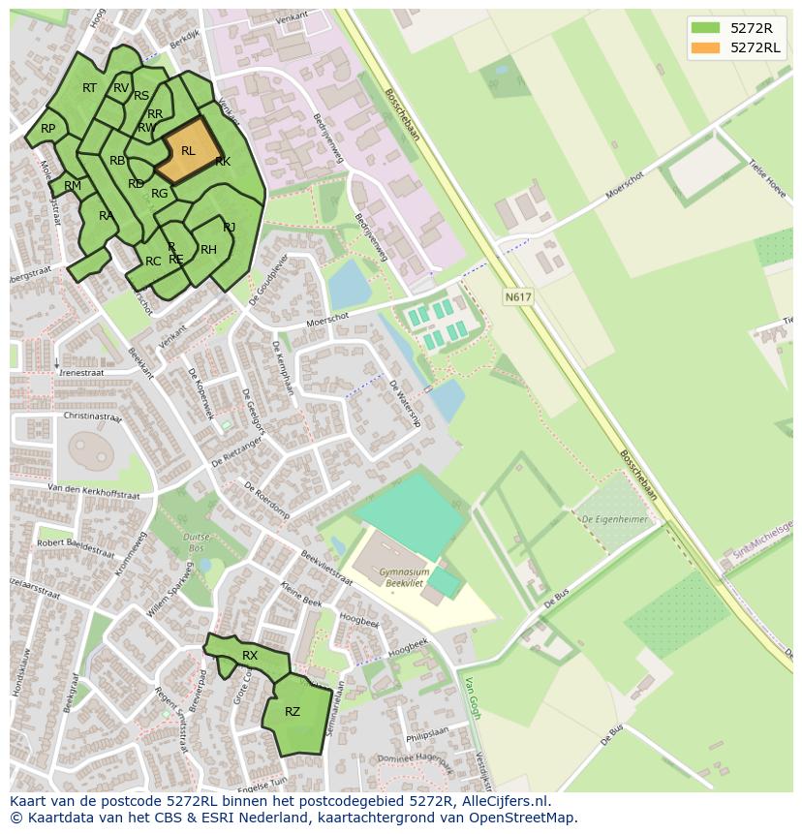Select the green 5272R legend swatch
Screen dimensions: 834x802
coord(706,28)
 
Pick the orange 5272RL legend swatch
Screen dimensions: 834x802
coord(706,47)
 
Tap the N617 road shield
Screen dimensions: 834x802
coord(517,298)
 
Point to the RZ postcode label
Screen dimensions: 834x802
coord(293,712)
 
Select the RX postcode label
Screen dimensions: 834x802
coord(250,656)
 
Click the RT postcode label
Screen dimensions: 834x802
coord(89,88)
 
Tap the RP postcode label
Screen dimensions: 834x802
coord(47,129)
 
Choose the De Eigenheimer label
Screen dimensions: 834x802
coord(613,520)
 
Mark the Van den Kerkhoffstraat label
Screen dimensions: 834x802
coord(94,490)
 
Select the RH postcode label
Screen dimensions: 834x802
coord(208,250)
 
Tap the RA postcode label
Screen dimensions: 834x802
coord(106,215)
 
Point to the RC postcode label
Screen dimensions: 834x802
coord(153,262)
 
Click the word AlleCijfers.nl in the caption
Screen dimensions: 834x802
coord(503,801)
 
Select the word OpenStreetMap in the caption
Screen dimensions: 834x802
coord(524,818)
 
